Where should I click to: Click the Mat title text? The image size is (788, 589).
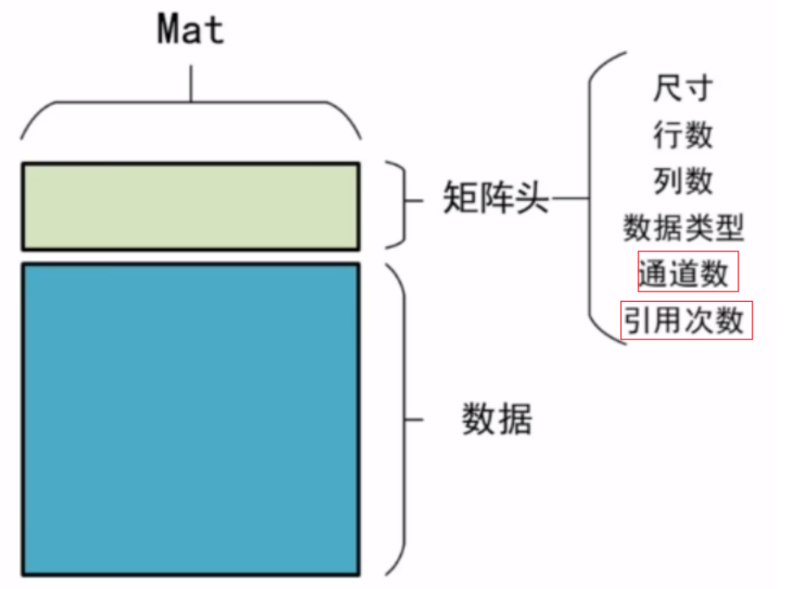(x=190, y=30)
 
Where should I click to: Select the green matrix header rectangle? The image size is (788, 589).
(x=190, y=205)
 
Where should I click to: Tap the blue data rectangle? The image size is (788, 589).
(x=190, y=418)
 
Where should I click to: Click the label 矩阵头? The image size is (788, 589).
(x=496, y=200)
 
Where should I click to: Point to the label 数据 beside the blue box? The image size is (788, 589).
(x=496, y=420)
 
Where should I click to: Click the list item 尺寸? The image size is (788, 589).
(x=683, y=88)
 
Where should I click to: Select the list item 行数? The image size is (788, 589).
(x=683, y=135)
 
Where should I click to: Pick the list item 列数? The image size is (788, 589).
(x=683, y=181)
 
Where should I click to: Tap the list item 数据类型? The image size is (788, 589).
(x=684, y=228)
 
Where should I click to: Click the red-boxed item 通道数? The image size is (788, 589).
(x=687, y=273)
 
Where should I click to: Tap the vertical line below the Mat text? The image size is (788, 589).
(x=190, y=82)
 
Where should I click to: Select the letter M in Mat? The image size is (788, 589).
(x=169, y=30)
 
